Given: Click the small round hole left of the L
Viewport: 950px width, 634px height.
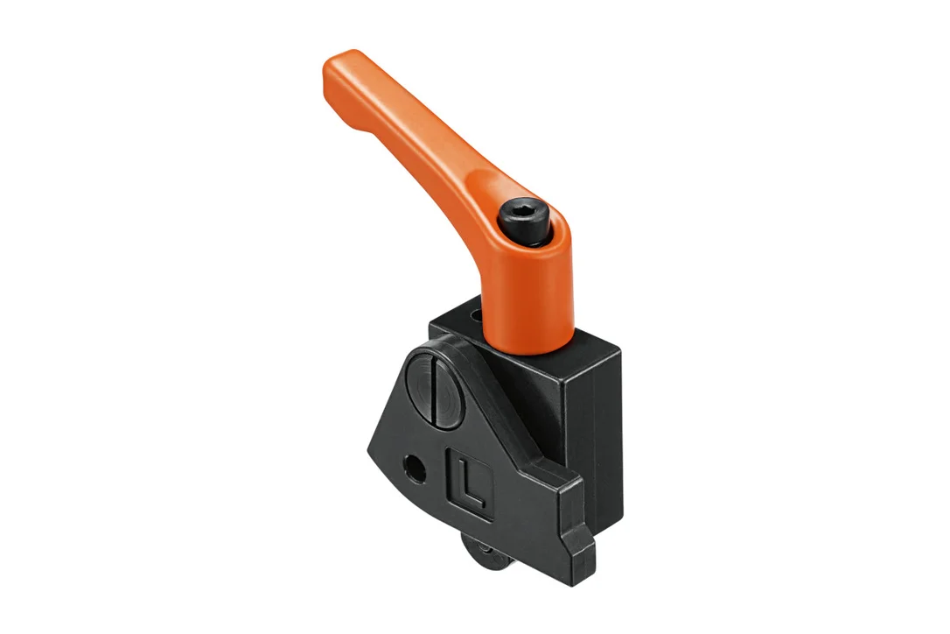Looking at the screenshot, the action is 415,468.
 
